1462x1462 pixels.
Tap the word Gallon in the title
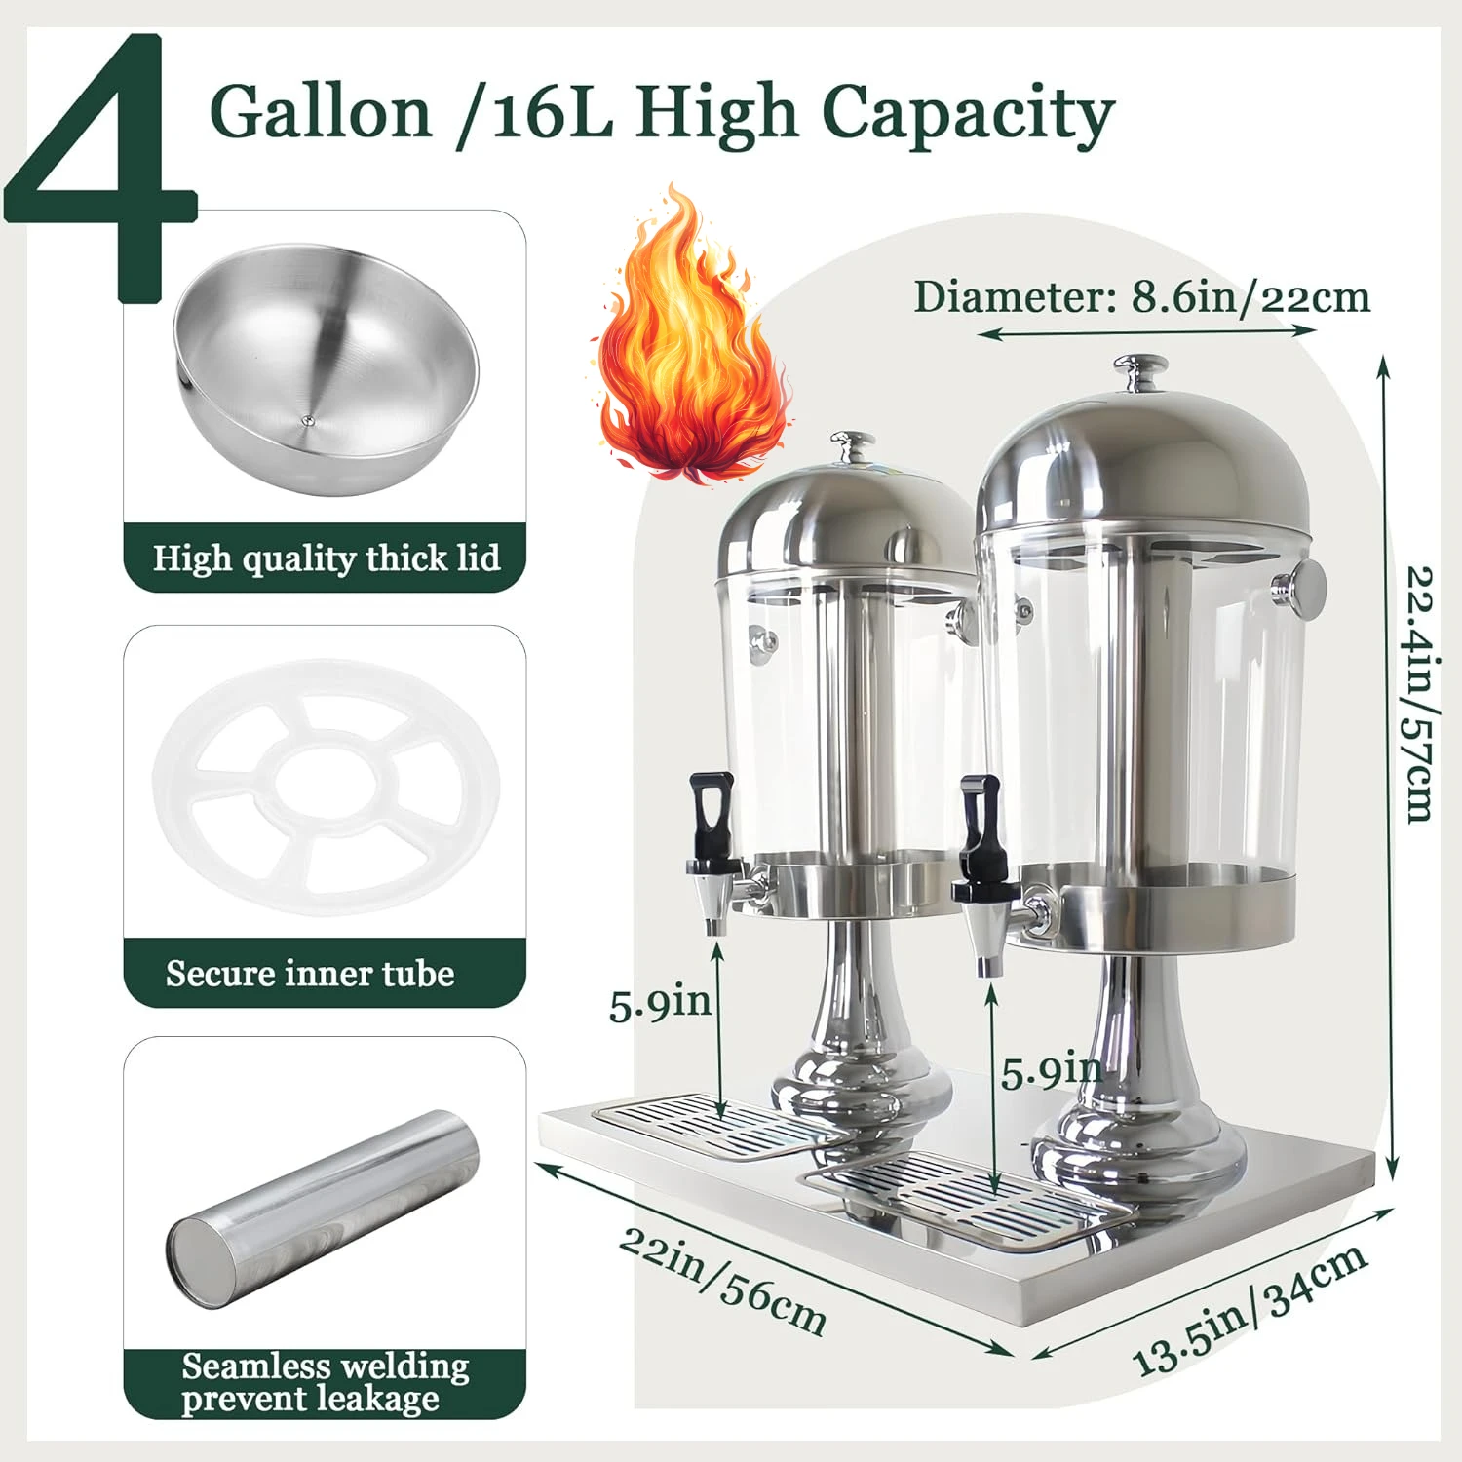[321, 112]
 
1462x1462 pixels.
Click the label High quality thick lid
[326, 558]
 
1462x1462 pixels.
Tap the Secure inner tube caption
[310, 974]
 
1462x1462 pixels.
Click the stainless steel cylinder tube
[323, 1209]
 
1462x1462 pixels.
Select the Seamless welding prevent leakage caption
[325, 1382]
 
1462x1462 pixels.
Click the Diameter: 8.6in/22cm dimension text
[1141, 297]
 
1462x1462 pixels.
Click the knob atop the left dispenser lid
[853, 444]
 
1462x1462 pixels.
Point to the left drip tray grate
[712, 1126]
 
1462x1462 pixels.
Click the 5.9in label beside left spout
[660, 1004]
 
